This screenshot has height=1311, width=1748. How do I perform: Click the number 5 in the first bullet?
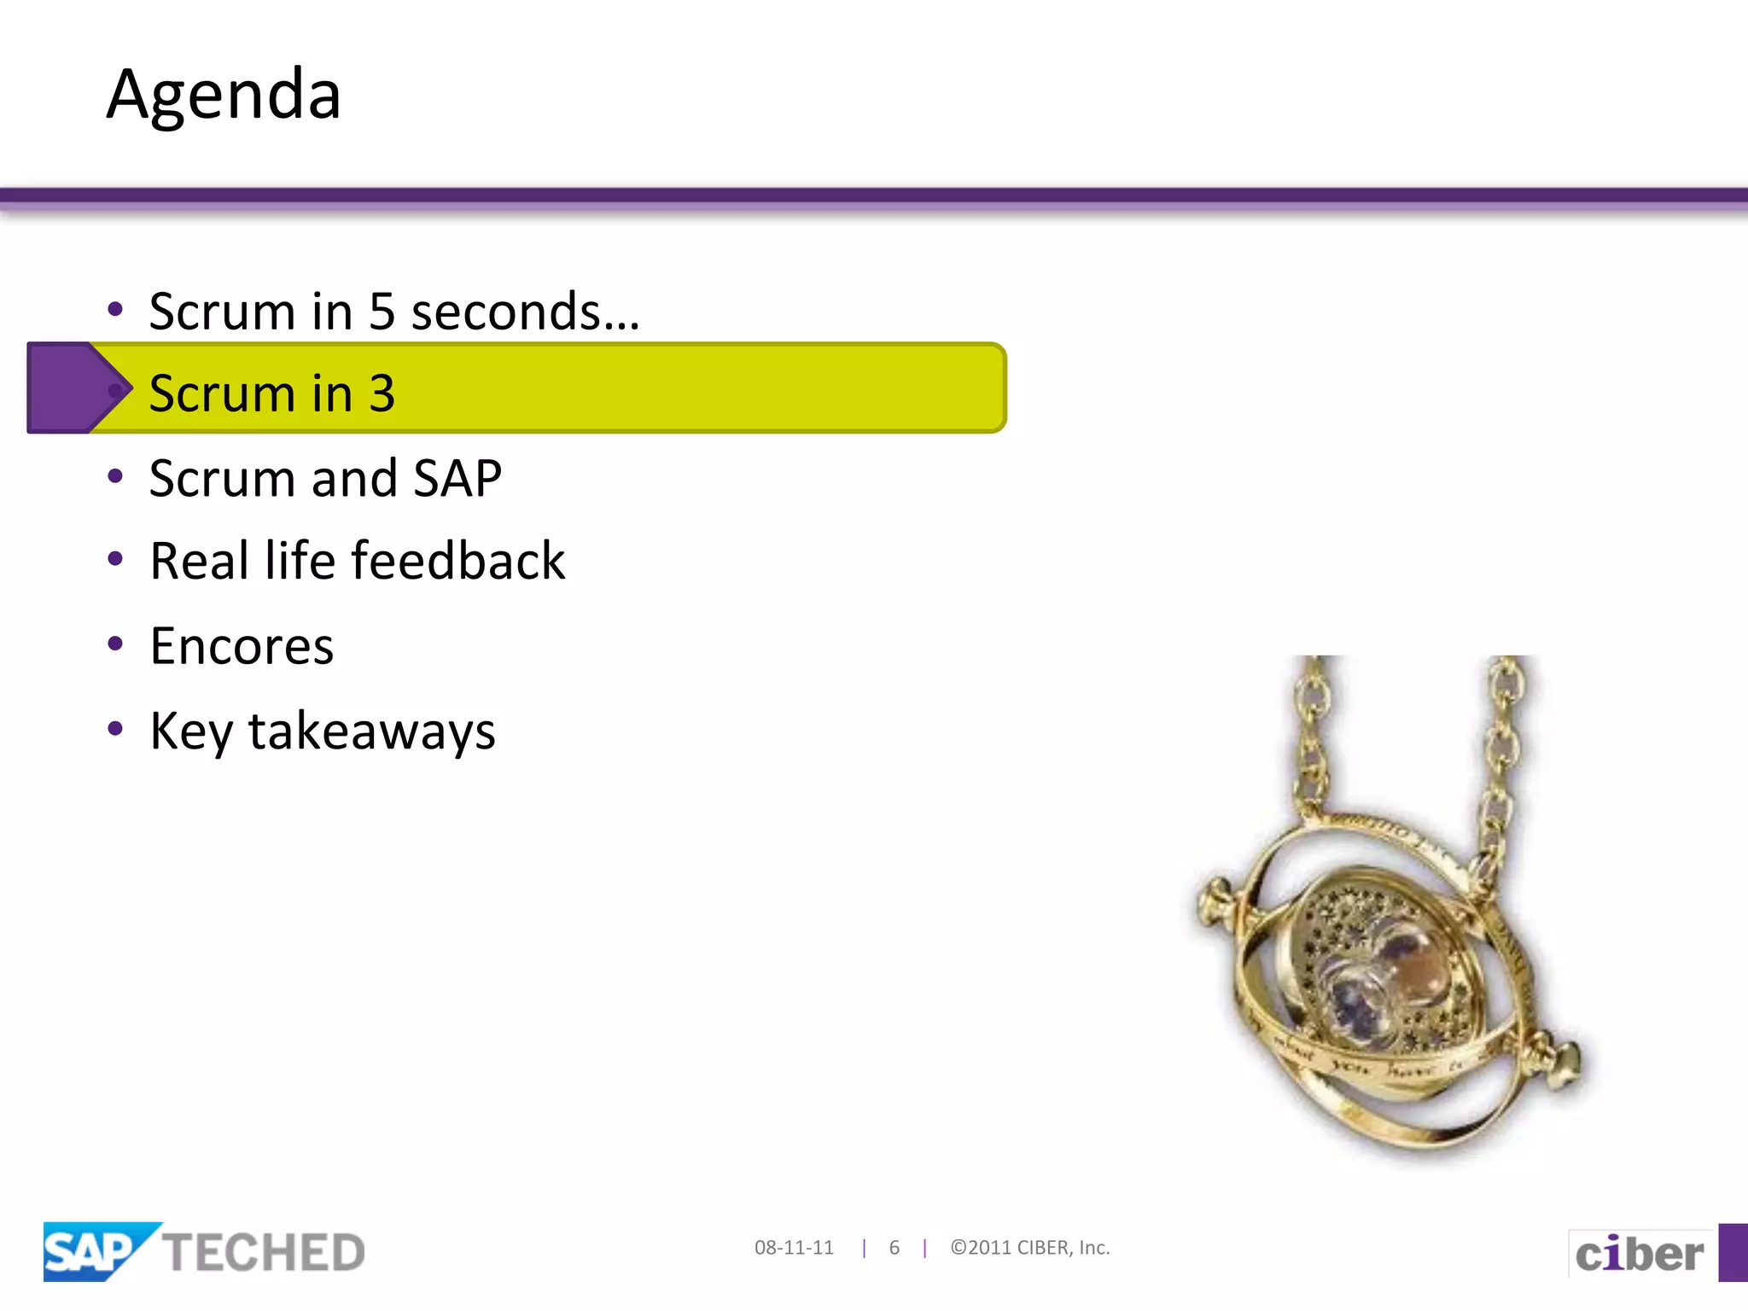pos(382,312)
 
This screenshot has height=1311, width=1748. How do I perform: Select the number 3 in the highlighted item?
pos(382,394)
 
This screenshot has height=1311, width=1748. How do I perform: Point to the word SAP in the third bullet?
pos(457,478)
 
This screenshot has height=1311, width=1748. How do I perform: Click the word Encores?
pos(242,646)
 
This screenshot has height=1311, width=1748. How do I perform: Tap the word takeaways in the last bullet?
pos(371,731)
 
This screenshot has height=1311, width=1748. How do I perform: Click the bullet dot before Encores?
pos(115,643)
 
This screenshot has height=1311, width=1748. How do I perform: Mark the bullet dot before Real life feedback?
pos(115,559)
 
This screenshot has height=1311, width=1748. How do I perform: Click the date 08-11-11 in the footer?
pos(794,1248)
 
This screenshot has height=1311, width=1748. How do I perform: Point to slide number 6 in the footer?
pos(894,1248)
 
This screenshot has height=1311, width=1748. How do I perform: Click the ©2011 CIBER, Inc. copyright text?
pos(1030,1248)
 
